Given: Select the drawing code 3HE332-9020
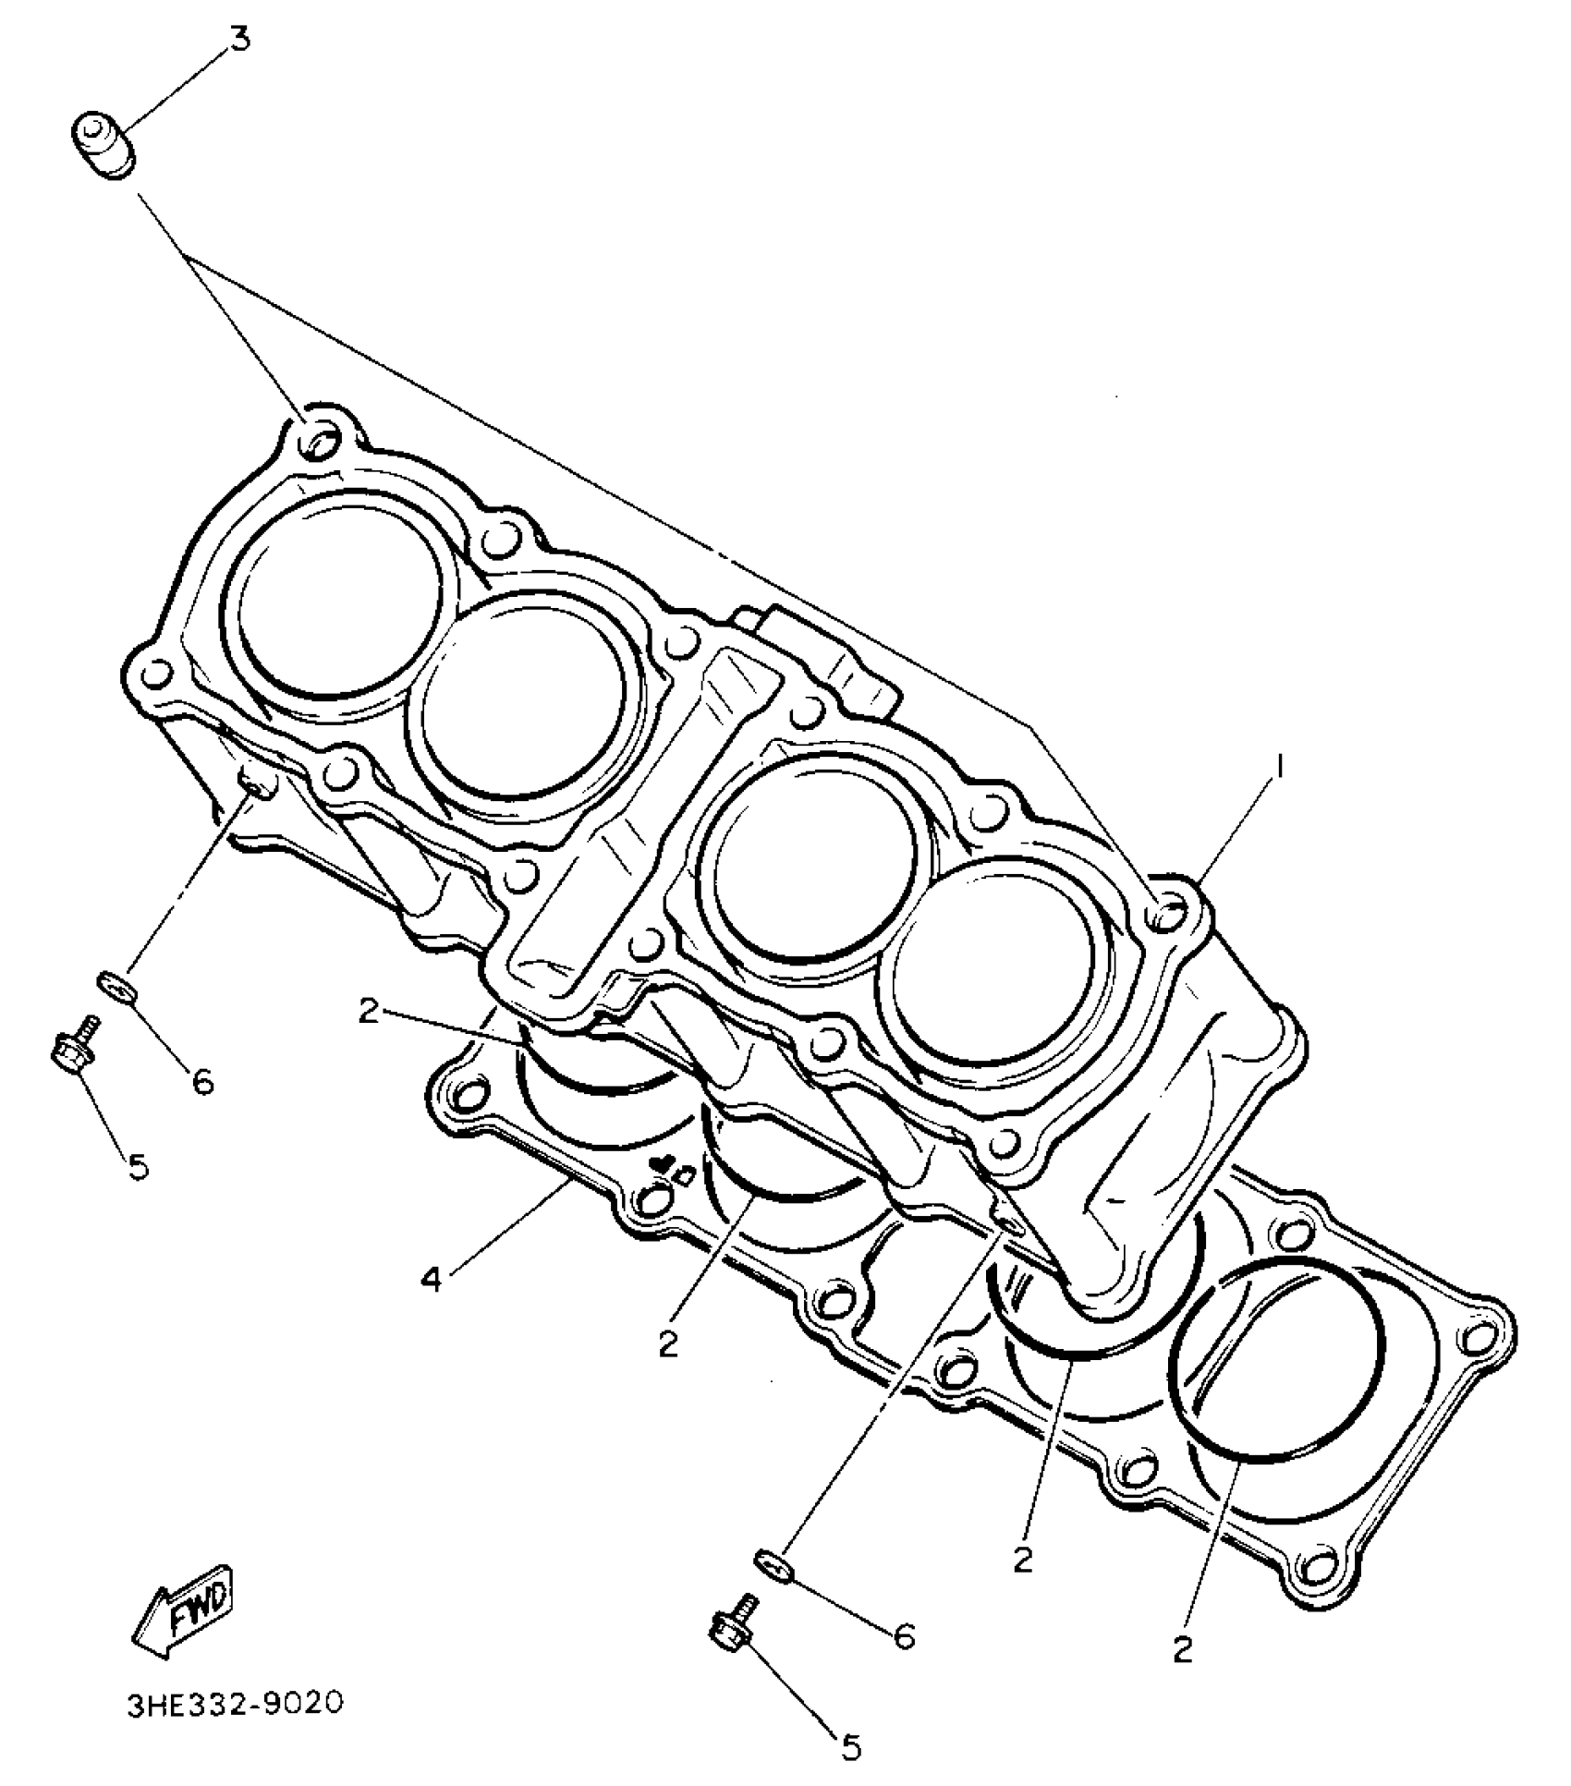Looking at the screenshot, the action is coord(236,1703).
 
